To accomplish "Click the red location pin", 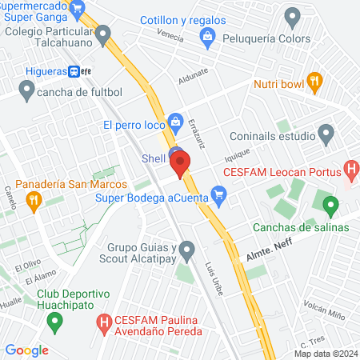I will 180,164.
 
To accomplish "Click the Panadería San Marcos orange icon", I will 33,202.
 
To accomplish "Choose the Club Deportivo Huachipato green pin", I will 55,322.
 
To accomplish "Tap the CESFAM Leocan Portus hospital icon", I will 350,170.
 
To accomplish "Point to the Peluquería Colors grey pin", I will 293,16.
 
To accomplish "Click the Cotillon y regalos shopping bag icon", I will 208,35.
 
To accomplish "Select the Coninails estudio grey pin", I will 325,133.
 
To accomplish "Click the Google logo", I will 27,350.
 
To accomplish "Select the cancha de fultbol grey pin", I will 26,93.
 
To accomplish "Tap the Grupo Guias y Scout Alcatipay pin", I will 186,251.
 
